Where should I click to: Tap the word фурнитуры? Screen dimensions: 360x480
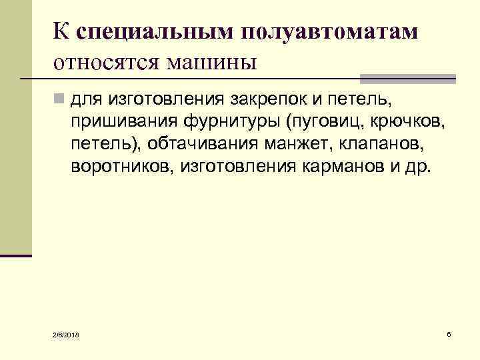click(x=225, y=122)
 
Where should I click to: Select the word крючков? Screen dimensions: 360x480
click(x=397, y=122)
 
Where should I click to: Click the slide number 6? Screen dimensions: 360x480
click(x=449, y=333)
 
